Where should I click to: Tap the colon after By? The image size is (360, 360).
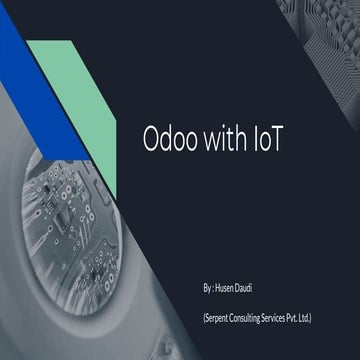pos(213,288)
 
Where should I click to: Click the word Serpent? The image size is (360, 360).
pos(218,317)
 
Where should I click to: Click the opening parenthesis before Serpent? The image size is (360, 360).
pos(203,317)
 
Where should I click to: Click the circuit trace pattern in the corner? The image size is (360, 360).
pos(325,30)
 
